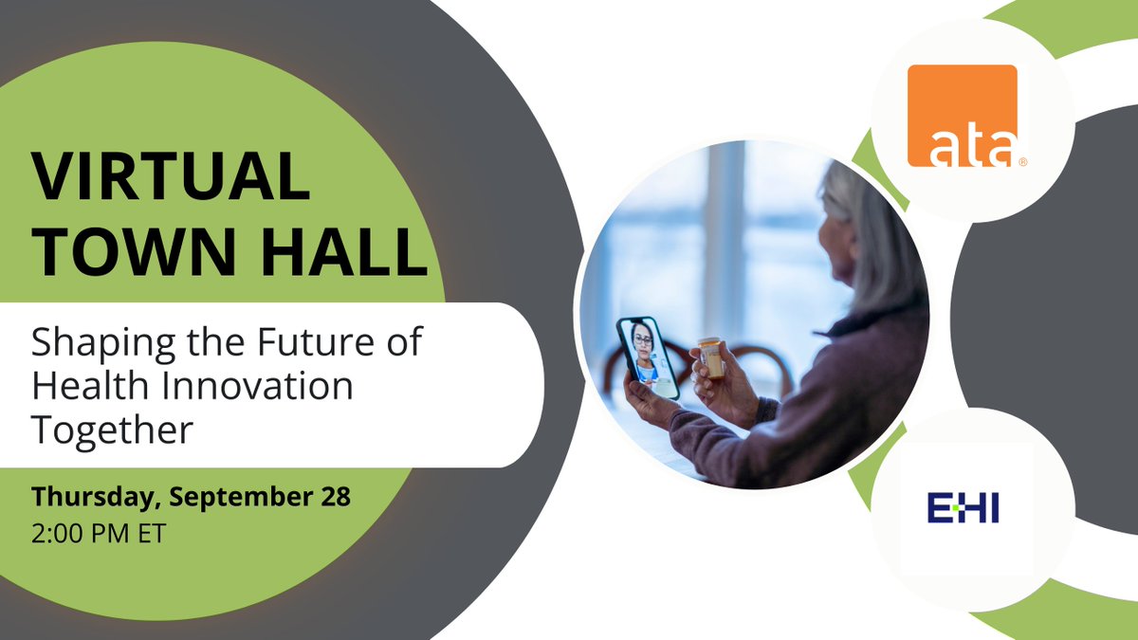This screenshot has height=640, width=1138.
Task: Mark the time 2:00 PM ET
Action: click(99, 533)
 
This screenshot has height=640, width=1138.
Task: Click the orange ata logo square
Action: click(962, 115)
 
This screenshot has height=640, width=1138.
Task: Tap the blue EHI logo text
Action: click(963, 508)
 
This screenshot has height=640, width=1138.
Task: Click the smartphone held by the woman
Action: click(648, 357)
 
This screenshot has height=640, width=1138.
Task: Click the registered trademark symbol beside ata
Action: click(1022, 162)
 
